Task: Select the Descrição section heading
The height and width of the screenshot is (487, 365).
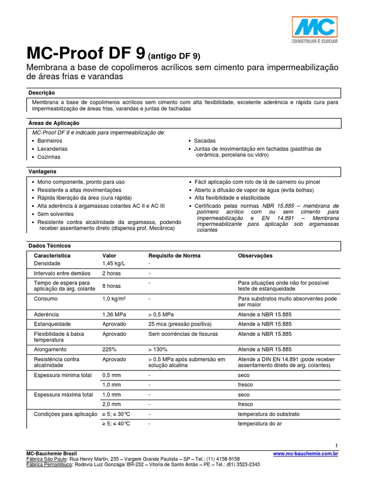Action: tap(42, 93)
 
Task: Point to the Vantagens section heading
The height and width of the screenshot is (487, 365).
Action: tap(42, 171)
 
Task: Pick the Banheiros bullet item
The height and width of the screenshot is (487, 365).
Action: tap(50, 141)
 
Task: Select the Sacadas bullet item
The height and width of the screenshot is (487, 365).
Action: tap(204, 141)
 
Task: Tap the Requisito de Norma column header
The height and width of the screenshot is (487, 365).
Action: tap(174, 255)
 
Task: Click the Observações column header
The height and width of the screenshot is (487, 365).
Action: tap(255, 255)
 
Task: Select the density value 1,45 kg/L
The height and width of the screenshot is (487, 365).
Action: tap(115, 263)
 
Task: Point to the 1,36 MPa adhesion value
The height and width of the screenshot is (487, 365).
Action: tap(115, 315)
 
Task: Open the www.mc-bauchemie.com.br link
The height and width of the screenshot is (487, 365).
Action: tap(306, 454)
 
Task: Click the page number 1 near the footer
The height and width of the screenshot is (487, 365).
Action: tap(336, 445)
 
